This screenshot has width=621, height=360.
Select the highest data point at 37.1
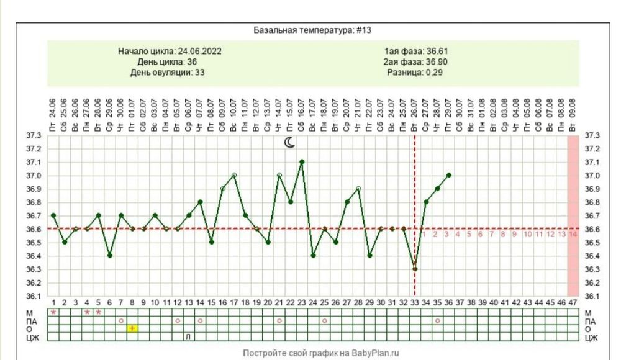[302, 161]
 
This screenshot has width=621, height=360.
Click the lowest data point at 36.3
[415, 269]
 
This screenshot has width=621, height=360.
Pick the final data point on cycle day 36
[448, 175]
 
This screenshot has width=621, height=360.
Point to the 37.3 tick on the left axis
[34, 135]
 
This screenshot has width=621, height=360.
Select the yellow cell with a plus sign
[132, 328]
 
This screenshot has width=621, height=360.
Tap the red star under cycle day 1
[53, 312]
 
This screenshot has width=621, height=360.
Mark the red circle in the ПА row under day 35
[437, 320]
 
